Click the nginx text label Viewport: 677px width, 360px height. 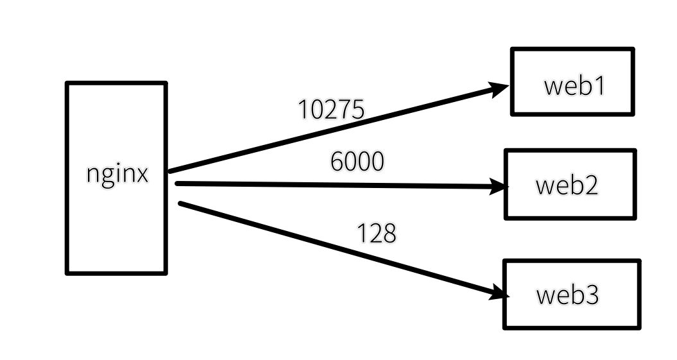click(117, 175)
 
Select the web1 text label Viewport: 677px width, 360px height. click(574, 86)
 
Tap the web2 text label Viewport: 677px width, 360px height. click(567, 185)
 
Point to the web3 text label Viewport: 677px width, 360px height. click(567, 295)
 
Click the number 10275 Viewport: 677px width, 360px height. click(331, 110)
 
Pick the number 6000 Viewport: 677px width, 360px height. click(357, 162)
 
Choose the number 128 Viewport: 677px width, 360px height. click(377, 234)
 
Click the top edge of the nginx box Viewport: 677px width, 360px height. click(116, 83)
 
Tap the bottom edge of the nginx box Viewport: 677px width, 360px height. click(116, 273)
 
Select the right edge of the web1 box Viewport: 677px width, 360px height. click(633, 81)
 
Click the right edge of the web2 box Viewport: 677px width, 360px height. click(635, 185)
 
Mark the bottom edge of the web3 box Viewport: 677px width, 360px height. click(571, 327)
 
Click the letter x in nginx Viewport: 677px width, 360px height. click(141, 175)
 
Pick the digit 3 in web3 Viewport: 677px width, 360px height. click(591, 295)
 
